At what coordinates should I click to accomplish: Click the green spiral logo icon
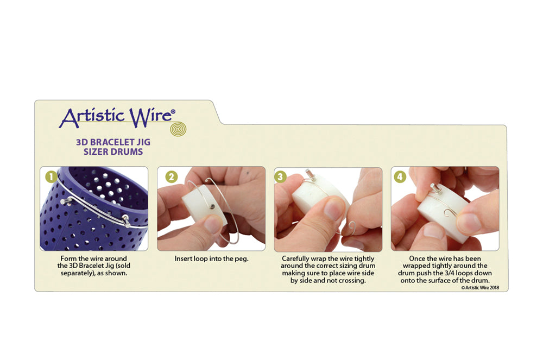point(178,129)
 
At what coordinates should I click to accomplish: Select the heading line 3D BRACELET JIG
point(113,142)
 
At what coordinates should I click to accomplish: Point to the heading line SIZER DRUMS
point(113,151)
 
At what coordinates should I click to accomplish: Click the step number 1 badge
point(51,177)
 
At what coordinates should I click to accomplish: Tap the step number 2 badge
point(171,177)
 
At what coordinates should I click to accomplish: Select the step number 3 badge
point(280,177)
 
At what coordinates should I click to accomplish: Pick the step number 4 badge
point(400,177)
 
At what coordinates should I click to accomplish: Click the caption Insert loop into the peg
point(211,258)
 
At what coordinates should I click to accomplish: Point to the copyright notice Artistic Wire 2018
point(480,288)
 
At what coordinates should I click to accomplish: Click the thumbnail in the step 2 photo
point(212,224)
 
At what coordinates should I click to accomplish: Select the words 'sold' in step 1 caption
point(123,266)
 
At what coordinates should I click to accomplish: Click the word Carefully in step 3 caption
point(295,259)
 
